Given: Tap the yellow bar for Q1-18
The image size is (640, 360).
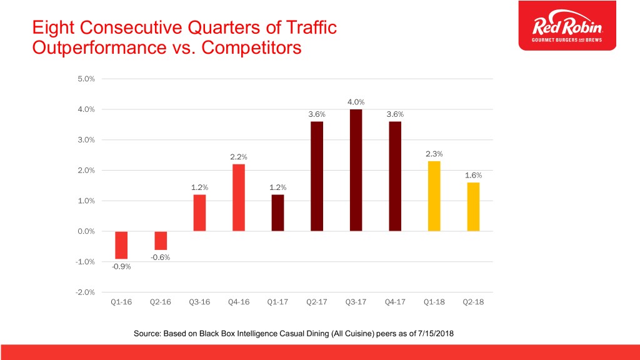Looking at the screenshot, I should click(434, 196).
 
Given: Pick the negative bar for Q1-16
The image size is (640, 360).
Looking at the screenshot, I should click(121, 245).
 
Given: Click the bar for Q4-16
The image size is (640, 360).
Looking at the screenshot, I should click(239, 197).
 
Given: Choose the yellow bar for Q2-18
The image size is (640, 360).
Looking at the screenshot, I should click(472, 207).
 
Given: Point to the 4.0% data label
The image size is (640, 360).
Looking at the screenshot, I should click(356, 102).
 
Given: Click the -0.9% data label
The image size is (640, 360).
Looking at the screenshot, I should click(122, 267).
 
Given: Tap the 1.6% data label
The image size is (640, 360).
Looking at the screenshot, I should click(473, 175).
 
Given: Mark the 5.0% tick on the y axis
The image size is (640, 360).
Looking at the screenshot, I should click(86, 79).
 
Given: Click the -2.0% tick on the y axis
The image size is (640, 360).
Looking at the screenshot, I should click(85, 292).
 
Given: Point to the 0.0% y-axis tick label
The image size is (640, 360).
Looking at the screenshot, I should click(86, 231).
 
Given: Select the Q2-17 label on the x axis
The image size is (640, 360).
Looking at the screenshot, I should click(317, 302).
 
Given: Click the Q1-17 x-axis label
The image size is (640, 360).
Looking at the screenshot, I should click(277, 302).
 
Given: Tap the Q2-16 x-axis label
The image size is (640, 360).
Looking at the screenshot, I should click(161, 302).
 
